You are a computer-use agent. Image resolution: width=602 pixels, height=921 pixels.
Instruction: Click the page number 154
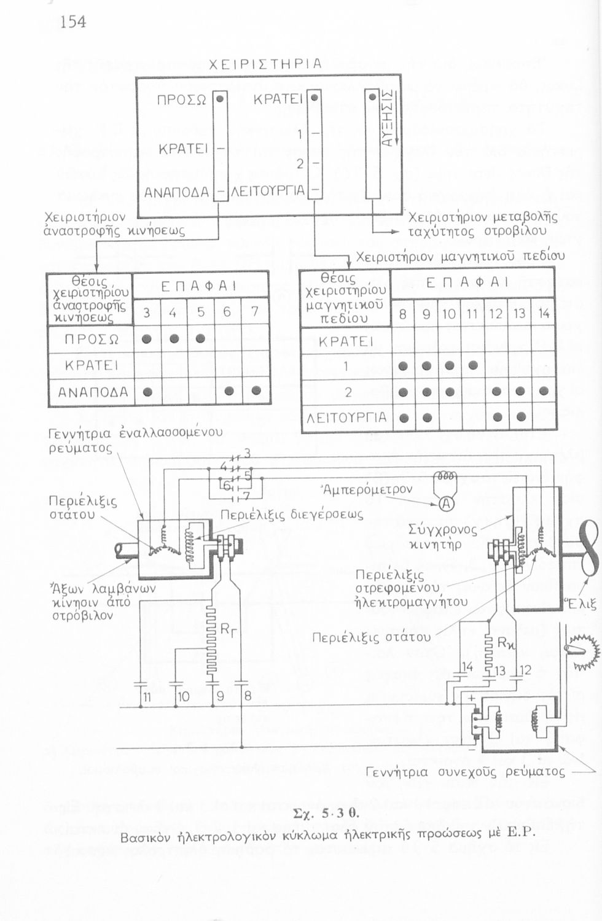pyautogui.click(x=73, y=22)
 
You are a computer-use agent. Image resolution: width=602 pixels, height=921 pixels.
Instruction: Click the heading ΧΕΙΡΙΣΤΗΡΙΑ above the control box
pyautogui.click(x=265, y=64)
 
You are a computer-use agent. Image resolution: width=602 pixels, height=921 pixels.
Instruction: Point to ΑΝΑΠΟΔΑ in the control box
pyautogui.click(x=176, y=192)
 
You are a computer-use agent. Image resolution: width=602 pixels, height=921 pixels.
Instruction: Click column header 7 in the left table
pyautogui.click(x=254, y=312)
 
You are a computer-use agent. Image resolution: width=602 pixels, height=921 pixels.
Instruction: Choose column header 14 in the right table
pyautogui.click(x=544, y=314)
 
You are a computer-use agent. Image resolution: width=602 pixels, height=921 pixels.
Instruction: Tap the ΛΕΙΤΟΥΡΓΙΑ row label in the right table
pyautogui.click(x=346, y=418)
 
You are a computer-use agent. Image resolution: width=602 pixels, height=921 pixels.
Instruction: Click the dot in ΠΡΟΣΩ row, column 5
pyautogui.click(x=200, y=338)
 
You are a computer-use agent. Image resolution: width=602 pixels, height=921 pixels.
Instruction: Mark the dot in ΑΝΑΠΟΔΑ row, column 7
pyautogui.click(x=256, y=391)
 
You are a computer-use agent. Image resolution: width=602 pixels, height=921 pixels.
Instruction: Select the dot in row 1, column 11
pyautogui.click(x=472, y=365)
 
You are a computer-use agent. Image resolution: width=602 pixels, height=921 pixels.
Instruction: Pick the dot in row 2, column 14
pyautogui.click(x=544, y=391)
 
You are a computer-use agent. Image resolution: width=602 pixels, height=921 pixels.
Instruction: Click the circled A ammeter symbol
pyautogui.click(x=447, y=503)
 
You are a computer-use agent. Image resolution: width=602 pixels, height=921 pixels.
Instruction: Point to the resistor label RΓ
pyautogui.click(x=228, y=629)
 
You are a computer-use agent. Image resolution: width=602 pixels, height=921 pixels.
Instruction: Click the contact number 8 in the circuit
pyautogui.click(x=248, y=696)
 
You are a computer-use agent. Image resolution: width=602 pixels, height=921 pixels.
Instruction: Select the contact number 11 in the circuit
pyautogui.click(x=147, y=697)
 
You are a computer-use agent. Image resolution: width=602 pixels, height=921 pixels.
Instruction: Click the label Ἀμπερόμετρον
pyautogui.click(x=367, y=489)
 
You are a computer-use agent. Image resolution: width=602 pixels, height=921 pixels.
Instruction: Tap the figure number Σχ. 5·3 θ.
pyautogui.click(x=326, y=814)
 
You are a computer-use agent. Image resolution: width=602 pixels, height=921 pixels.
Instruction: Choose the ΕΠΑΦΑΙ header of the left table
pyautogui.click(x=199, y=286)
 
